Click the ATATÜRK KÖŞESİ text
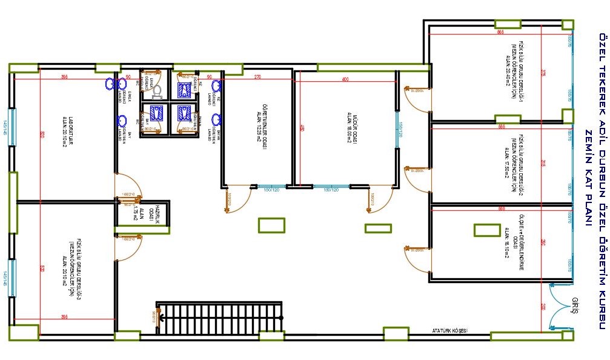tap(450, 347)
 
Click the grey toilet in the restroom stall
tap(156, 91)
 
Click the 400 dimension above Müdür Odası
tap(345, 79)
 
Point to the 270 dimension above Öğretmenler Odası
tap(257, 77)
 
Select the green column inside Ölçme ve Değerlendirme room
tap(483, 230)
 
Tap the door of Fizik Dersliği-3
tap(127, 248)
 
